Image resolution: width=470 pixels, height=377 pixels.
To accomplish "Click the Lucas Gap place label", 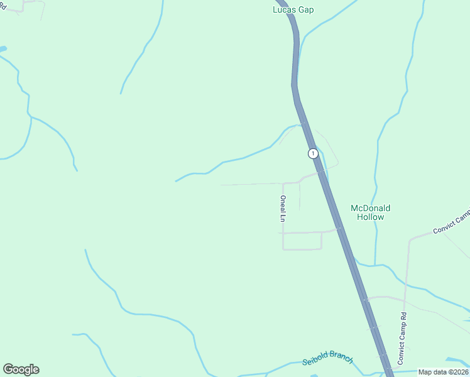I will (x=293, y=9).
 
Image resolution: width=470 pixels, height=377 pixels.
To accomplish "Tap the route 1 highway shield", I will (x=313, y=153).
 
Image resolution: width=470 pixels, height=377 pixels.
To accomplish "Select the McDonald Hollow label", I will (x=370, y=212).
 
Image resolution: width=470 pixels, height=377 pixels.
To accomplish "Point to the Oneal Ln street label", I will (x=283, y=209).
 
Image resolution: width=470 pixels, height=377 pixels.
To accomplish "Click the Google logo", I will (x=21, y=369).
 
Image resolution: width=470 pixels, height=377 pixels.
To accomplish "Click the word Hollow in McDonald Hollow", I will (x=370, y=217).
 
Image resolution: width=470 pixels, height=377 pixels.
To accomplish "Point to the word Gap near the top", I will (x=306, y=10).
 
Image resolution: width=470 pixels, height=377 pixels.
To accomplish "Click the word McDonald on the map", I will (x=370, y=208).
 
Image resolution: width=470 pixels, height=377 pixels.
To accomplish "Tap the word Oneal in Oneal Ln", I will (x=283, y=205).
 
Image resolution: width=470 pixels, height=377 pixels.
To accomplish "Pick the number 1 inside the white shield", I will (x=313, y=153).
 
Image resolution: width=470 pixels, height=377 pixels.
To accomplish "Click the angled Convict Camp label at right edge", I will (x=451, y=222).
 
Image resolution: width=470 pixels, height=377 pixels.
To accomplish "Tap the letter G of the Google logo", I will (x=9, y=369).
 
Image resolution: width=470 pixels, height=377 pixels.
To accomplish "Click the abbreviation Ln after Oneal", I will (x=283, y=219).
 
